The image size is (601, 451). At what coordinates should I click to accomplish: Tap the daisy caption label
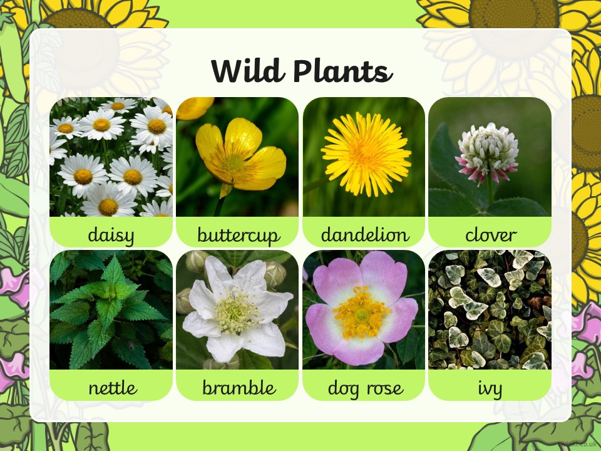[x=111, y=235]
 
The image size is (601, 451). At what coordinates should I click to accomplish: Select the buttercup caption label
[x=239, y=235]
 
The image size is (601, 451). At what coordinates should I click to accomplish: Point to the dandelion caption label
[x=365, y=234]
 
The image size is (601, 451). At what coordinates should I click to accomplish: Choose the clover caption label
[x=491, y=235]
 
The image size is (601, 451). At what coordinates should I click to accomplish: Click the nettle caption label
[x=113, y=388]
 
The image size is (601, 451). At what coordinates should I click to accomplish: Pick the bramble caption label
[x=239, y=387]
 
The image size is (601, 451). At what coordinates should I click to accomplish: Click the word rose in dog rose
[x=385, y=389]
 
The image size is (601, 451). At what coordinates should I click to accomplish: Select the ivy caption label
[x=490, y=389]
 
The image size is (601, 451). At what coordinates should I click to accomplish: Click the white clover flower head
[x=487, y=153]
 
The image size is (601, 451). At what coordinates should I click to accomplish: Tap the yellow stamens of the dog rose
[x=361, y=314]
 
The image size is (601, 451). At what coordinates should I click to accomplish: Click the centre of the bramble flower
[x=235, y=311]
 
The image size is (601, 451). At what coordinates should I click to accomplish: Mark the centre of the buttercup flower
[x=234, y=163]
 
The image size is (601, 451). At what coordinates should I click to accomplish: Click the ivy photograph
[x=490, y=310]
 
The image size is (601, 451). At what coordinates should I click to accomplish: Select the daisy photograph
[x=111, y=157]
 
